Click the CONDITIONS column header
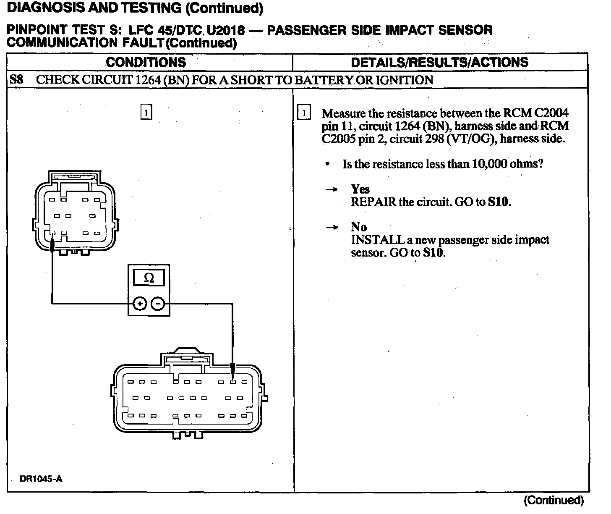click(x=146, y=63)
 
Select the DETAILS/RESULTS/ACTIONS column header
click(x=439, y=63)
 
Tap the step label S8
click(x=16, y=80)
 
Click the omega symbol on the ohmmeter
click(x=149, y=278)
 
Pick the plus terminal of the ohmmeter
click(x=140, y=304)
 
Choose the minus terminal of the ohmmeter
click(x=158, y=304)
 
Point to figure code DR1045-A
click(x=41, y=479)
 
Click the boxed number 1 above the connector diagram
click(x=146, y=113)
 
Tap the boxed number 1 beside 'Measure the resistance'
click(x=304, y=113)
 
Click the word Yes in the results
click(x=360, y=189)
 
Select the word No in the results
click(x=359, y=227)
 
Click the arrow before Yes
click(x=332, y=190)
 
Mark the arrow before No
click(x=332, y=228)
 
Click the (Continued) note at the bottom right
click(x=554, y=500)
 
